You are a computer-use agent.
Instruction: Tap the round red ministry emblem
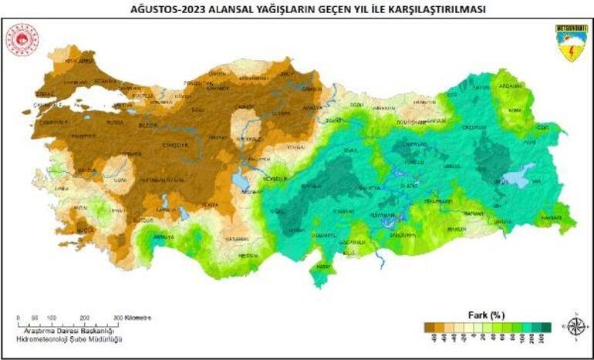(22, 39)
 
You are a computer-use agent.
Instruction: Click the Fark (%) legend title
(486, 315)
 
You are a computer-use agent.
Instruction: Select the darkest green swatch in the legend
(545, 327)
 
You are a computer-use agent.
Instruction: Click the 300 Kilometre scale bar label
(132, 318)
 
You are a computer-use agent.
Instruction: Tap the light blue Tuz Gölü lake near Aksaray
(238, 181)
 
